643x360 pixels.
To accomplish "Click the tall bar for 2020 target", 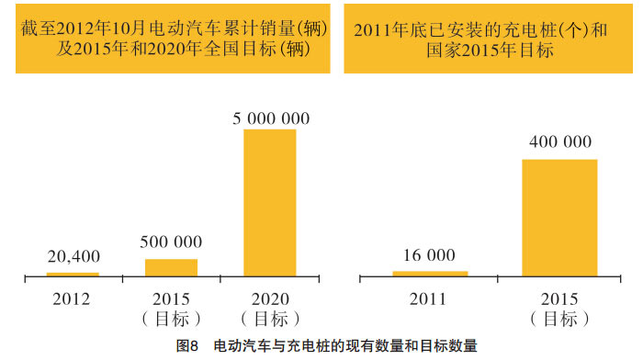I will (270, 202).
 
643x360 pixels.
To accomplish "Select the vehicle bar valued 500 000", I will (171, 267).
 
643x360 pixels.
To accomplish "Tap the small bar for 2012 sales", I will (73, 274).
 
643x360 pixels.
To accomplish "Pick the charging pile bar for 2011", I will (429, 273).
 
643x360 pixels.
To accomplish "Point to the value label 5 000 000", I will (270, 118).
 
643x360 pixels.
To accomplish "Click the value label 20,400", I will (73, 257).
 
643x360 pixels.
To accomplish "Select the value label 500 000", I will (172, 243).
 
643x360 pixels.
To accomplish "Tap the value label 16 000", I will (429, 256).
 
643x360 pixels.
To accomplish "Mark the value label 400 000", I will (559, 143).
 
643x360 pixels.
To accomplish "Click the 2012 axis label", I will (72, 298).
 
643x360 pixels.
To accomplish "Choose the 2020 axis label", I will (270, 298).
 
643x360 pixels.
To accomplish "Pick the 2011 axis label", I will (429, 298).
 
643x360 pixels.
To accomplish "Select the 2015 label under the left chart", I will (172, 298).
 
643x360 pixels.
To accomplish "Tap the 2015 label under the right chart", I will (559, 298).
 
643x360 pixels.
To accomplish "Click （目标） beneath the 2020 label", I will (270, 319).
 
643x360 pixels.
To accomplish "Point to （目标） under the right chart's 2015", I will (559, 319).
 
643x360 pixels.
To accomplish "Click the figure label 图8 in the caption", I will (187, 346).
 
